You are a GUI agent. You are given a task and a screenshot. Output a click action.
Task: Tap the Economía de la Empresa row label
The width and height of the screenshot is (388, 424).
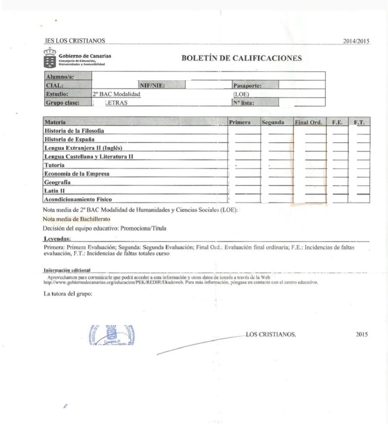pos(76,174)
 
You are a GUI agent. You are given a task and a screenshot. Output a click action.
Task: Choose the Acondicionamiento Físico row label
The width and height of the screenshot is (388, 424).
pos(78,199)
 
